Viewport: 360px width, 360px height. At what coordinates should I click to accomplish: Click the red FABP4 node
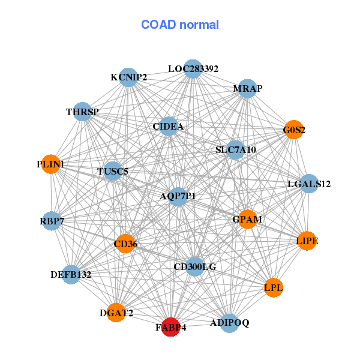pyautogui.click(x=171, y=328)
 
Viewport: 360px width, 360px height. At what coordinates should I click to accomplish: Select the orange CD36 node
pyautogui.click(x=125, y=244)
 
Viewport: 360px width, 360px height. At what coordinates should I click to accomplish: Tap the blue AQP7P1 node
pyautogui.click(x=178, y=196)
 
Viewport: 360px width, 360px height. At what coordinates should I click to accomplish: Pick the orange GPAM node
pyautogui.click(x=247, y=219)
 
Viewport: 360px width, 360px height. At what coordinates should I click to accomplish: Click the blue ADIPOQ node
pyautogui.click(x=229, y=323)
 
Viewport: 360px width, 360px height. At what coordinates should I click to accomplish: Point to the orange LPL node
pyautogui.click(x=274, y=288)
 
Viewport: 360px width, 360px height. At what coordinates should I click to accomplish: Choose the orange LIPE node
pyautogui.click(x=307, y=241)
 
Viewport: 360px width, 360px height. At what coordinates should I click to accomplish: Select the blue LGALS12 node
pyautogui.click(x=308, y=184)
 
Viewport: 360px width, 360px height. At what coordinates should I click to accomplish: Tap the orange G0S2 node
pyautogui.click(x=293, y=130)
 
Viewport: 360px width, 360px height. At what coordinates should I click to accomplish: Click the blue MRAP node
pyautogui.click(x=247, y=89)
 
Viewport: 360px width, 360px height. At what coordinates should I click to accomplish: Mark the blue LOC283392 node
pyautogui.click(x=193, y=69)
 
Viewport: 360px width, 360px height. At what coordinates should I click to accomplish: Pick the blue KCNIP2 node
pyautogui.click(x=128, y=77)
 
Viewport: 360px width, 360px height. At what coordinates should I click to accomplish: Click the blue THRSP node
pyautogui.click(x=82, y=112)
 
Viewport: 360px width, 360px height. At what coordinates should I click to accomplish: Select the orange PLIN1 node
pyautogui.click(x=51, y=164)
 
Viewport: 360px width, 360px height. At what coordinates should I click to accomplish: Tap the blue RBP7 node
pyautogui.click(x=52, y=221)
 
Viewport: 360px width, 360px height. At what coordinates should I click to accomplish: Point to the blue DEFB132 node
pyautogui.click(x=71, y=275)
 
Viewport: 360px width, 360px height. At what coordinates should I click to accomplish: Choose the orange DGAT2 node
pyautogui.click(x=116, y=313)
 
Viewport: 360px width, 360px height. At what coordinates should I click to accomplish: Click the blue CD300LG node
pyautogui.click(x=194, y=266)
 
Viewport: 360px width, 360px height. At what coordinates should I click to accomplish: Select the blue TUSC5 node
pyautogui.click(x=113, y=172)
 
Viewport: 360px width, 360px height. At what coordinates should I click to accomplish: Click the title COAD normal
pyautogui.click(x=180, y=25)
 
